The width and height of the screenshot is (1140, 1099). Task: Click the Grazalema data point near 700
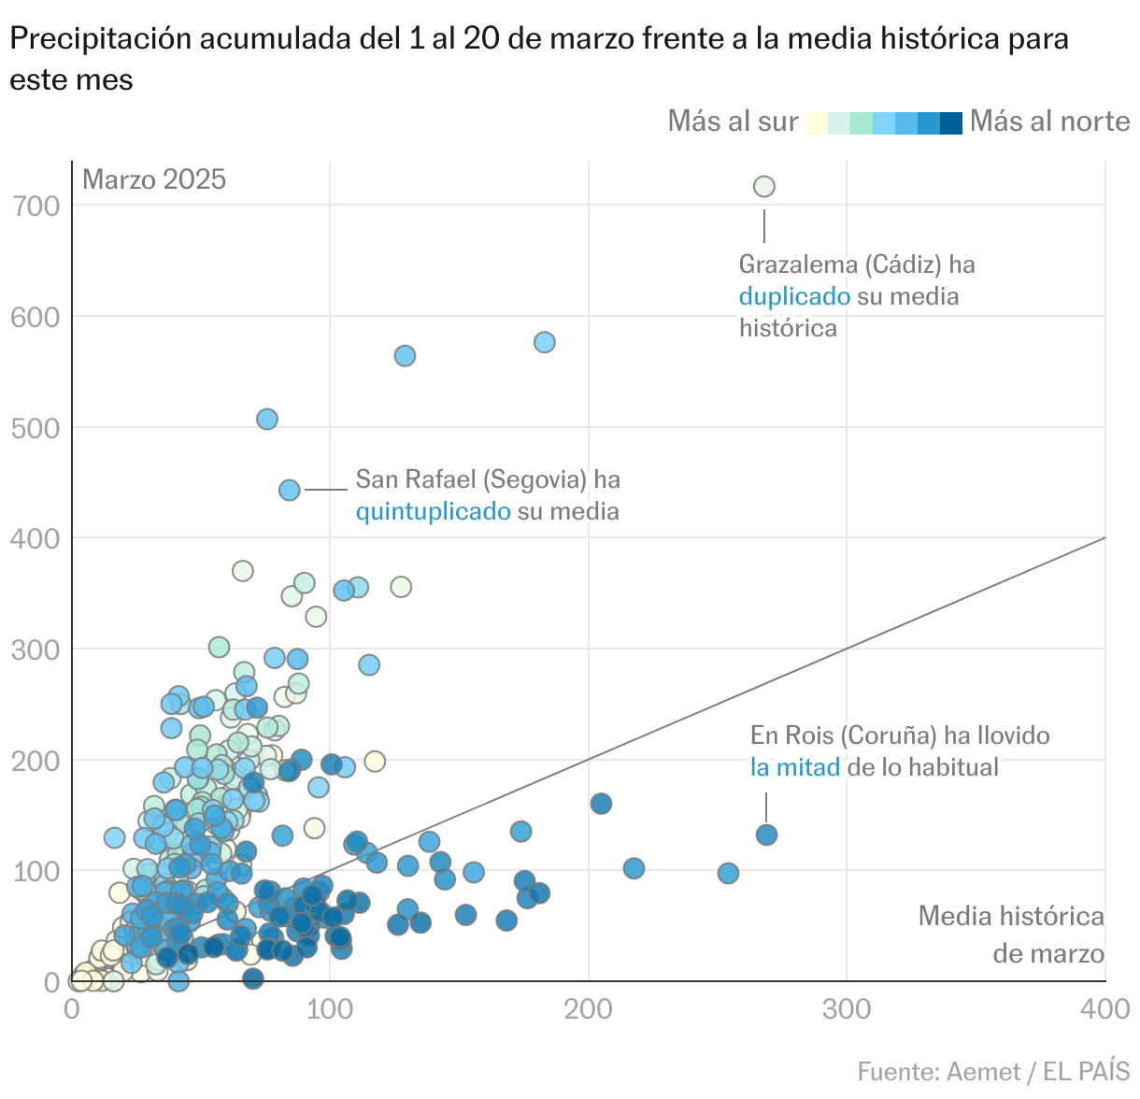click(763, 187)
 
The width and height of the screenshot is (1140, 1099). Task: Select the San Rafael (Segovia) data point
click(290, 490)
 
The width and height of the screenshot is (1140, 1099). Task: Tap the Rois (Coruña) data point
click(766, 835)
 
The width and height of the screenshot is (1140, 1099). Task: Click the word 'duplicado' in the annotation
click(794, 296)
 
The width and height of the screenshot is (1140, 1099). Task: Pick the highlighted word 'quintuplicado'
click(433, 511)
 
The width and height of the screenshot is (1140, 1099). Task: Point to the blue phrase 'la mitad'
click(795, 767)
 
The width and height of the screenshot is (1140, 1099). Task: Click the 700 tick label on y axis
click(36, 206)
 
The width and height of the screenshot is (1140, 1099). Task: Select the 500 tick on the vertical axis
click(36, 428)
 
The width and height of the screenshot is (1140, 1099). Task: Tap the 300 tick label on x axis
click(847, 1009)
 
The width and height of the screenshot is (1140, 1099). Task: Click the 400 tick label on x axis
click(1104, 1009)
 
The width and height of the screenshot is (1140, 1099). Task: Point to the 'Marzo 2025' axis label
click(154, 179)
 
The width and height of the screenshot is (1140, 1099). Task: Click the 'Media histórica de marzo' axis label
click(1011, 935)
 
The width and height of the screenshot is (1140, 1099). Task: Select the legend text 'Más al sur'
click(733, 121)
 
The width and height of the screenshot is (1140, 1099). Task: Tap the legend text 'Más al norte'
click(1049, 121)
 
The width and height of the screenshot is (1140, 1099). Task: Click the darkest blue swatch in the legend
click(950, 122)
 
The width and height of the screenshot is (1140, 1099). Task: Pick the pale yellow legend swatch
click(817, 122)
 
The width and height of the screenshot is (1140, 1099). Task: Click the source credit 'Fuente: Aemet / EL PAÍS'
click(993, 1071)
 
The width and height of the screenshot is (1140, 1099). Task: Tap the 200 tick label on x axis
click(589, 1009)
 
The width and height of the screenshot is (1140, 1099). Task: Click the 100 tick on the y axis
click(36, 871)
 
